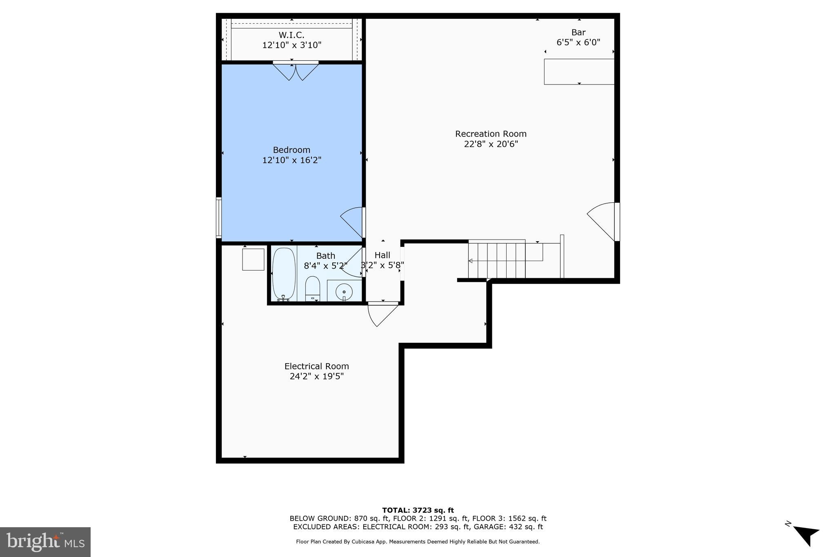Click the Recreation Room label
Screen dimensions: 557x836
pos(491,134)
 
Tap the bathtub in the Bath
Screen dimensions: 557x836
pos(284,273)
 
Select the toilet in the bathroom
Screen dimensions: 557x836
pos(313,288)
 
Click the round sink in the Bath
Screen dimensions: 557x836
pos(344,291)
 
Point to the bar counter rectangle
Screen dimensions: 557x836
pos(579,72)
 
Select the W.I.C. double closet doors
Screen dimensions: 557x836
pos(296,71)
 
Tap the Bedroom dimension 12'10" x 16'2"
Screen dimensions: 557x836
pos(291,160)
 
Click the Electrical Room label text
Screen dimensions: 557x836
pos(316,366)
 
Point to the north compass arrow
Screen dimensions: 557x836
pos(806,535)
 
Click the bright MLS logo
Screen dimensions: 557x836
pos(45,542)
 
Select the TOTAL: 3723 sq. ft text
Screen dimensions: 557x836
pos(418,510)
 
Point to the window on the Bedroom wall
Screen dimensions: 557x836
pos(219,217)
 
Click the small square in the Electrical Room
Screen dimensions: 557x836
pos(253,260)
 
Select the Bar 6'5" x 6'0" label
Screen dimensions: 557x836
pos(578,37)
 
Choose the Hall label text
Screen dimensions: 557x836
pos(382,255)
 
